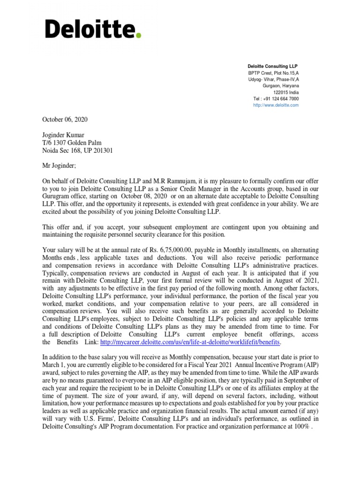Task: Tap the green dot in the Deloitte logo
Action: click(138, 36)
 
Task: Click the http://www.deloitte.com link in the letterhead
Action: click(275, 105)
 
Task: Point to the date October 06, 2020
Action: click(65, 120)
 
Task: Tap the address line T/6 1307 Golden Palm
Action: click(72, 143)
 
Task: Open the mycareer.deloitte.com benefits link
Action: click(190, 343)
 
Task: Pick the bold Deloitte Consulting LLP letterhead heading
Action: click(272, 66)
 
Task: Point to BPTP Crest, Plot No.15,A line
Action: click(274, 73)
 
